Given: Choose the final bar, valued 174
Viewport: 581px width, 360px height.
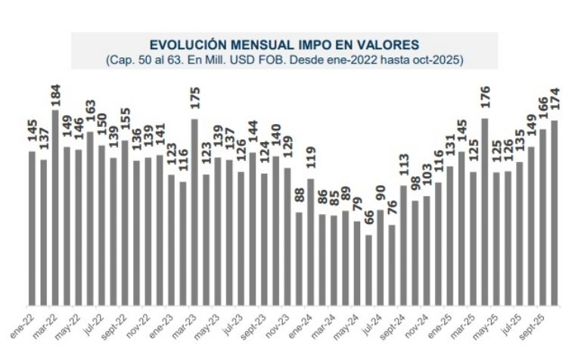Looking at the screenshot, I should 555,211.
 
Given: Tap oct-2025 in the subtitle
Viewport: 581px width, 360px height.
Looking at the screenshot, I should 437,59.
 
